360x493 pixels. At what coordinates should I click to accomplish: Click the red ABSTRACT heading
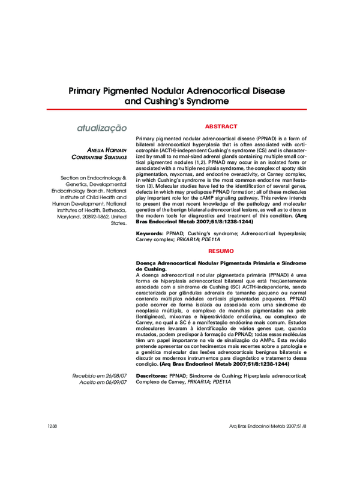[221, 127]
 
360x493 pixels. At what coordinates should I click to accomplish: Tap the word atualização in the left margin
[101, 128]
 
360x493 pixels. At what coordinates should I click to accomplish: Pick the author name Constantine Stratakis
[99, 157]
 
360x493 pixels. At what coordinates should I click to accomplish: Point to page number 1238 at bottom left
[52, 426]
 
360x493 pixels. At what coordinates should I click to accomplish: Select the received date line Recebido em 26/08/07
[99, 376]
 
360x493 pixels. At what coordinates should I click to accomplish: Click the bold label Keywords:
[150, 232]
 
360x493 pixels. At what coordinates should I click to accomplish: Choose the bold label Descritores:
[152, 375]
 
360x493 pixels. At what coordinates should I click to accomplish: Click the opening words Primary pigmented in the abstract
[158, 138]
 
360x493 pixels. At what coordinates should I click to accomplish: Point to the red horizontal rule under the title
[180, 110]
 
